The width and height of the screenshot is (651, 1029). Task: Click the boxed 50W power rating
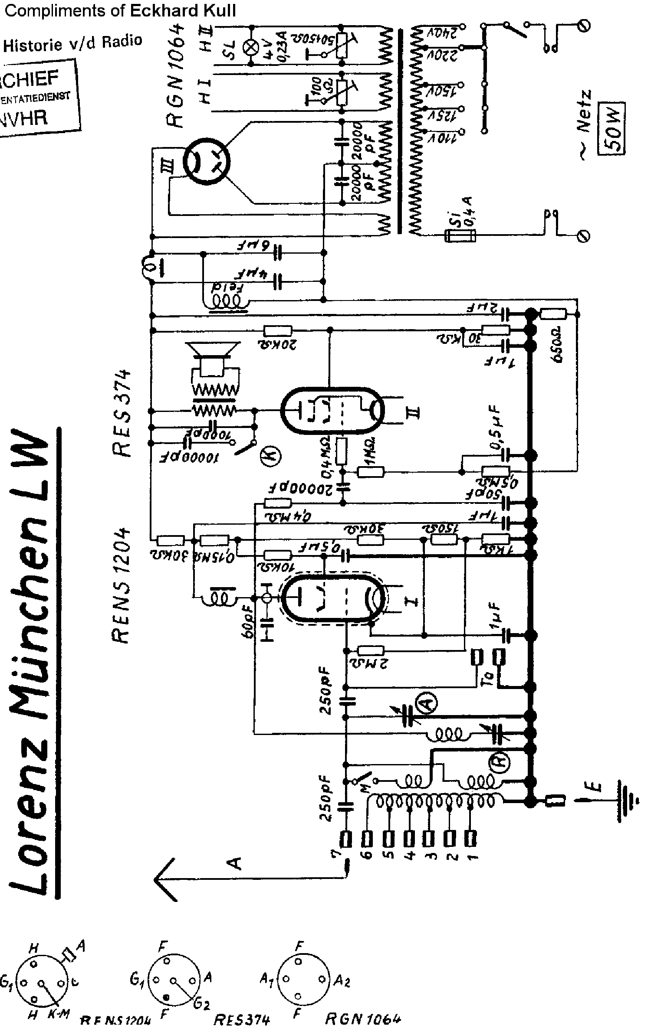(612, 128)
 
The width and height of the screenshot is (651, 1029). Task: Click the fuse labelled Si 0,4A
(460, 235)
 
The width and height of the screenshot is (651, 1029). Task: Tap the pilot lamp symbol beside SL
(250, 48)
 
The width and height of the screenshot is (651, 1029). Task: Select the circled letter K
(271, 456)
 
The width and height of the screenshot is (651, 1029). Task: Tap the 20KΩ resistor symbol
(278, 331)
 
